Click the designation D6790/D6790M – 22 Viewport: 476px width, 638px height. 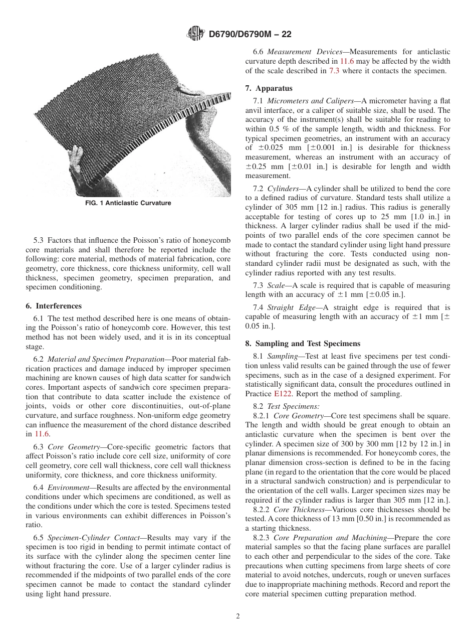coord(250,35)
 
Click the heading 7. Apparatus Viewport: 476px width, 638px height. coord(269,88)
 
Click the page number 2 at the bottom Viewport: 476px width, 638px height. coord(238,616)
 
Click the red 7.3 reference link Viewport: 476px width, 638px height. coord(334,71)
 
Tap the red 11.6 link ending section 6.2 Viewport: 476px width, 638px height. coord(43,434)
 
